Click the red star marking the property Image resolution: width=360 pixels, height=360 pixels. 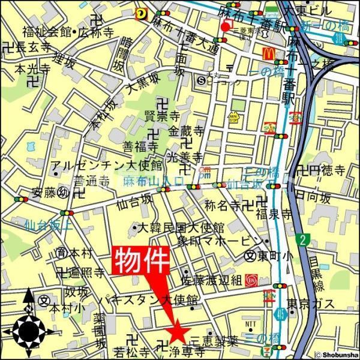pyautogui.click(x=177, y=331)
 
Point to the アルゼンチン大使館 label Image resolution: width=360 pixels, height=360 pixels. pyautogui.click(x=107, y=165)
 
